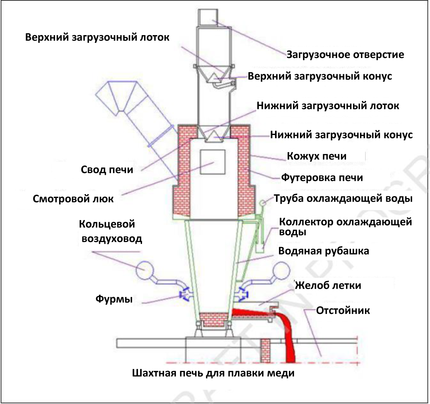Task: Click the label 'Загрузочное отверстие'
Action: [x=345, y=54]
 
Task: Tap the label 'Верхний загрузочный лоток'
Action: [x=97, y=37]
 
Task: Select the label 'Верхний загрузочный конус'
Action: [x=320, y=76]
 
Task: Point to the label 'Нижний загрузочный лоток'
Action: [x=328, y=106]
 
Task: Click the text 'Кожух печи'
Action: [x=317, y=156]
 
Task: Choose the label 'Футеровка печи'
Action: [x=322, y=178]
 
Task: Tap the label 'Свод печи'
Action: [x=107, y=170]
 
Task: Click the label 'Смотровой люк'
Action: [x=73, y=199]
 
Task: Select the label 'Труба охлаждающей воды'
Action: [x=343, y=198]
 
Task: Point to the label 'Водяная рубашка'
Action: [x=323, y=251]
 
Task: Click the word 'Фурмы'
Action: [x=114, y=299]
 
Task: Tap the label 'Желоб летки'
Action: [x=328, y=285]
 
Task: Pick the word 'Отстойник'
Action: [x=343, y=311]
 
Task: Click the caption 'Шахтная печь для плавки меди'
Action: [x=213, y=373]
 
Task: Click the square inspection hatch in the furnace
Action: [x=213, y=162]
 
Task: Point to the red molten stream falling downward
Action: [x=288, y=341]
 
